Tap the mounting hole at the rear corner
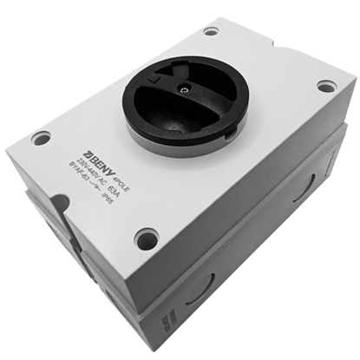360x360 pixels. (x=211, y=31)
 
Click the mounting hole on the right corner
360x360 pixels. (x=326, y=86)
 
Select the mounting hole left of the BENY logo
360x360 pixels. (x=41, y=138)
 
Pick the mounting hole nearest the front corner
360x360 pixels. (x=147, y=238)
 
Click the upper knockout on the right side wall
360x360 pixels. (x=304, y=187)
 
